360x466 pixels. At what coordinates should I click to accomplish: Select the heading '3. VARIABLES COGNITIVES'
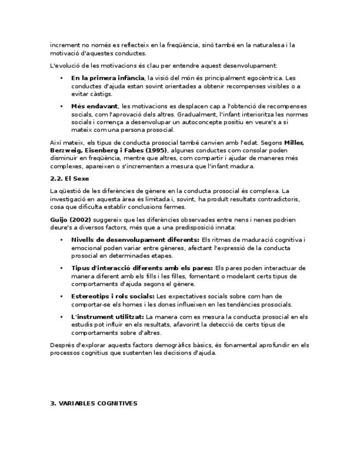[x=93, y=403]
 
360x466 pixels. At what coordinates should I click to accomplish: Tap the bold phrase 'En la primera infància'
[x=108, y=78]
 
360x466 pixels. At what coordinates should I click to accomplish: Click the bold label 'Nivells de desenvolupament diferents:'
[x=135, y=240]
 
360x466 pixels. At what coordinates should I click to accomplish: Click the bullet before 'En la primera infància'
[x=62, y=78]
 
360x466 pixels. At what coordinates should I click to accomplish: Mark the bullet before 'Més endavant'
[x=62, y=106]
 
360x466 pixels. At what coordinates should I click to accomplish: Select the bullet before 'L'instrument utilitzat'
[x=62, y=317]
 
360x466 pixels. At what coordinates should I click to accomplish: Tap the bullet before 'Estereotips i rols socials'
[x=62, y=296]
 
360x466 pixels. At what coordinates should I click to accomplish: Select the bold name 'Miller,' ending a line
[x=293, y=142]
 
